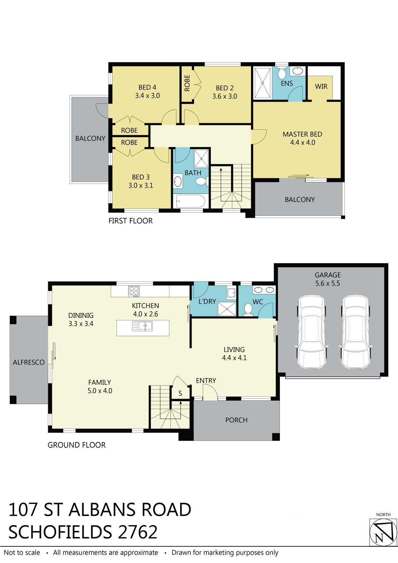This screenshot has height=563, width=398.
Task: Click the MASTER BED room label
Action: [x=302, y=134]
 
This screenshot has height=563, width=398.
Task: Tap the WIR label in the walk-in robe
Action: [x=321, y=86]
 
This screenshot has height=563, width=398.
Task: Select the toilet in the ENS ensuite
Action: [x=282, y=73]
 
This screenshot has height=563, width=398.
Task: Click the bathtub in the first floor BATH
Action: [x=189, y=201]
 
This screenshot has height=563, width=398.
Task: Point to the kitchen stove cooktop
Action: [x=134, y=291]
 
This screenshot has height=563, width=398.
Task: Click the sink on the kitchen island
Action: [x=143, y=326]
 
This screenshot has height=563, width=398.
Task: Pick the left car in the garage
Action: [x=312, y=332]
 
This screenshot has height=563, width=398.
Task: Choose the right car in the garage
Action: [x=355, y=332]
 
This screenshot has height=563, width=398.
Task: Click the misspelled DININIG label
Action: [x=81, y=315]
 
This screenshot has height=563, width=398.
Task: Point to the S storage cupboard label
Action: [x=180, y=393]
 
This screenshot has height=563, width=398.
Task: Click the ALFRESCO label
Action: [x=29, y=362]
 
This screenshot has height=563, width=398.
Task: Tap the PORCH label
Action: [x=236, y=420]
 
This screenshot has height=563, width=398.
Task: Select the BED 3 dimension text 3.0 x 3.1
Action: [x=141, y=185]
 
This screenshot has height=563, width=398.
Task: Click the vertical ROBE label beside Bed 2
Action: [x=187, y=83]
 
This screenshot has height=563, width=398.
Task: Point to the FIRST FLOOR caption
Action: [x=131, y=221]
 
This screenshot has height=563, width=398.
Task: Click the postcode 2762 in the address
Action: [x=138, y=532]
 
